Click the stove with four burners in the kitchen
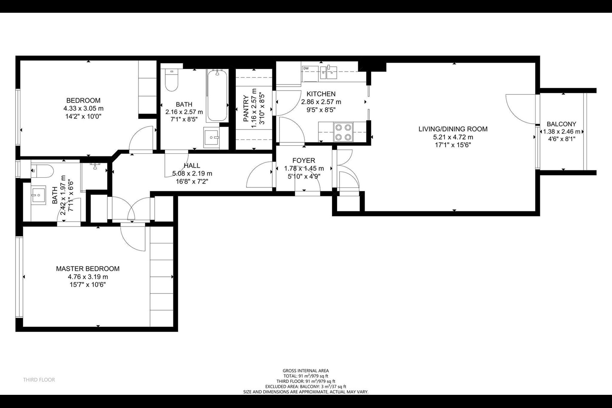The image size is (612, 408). pyautogui.click(x=343, y=132)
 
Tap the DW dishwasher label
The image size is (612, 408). pyautogui.click(x=306, y=68)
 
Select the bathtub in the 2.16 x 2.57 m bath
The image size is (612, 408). pyautogui.click(x=217, y=96)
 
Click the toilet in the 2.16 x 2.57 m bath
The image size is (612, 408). pyautogui.click(x=171, y=81)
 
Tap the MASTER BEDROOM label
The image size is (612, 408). pyautogui.click(x=88, y=269)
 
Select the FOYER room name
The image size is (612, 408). pyautogui.click(x=303, y=160)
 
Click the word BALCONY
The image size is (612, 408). pyautogui.click(x=561, y=124)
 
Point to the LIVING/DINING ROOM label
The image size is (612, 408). pyautogui.click(x=453, y=129)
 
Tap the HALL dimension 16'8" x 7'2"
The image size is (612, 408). pyautogui.click(x=192, y=181)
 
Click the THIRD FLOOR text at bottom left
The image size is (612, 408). pyautogui.click(x=39, y=380)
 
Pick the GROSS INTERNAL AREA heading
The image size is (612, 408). pyautogui.click(x=306, y=371)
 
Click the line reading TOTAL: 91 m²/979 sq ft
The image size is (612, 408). pyautogui.click(x=306, y=376)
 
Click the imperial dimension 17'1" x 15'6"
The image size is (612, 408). pyautogui.click(x=453, y=144)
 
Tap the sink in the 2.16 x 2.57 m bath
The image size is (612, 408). pyautogui.click(x=211, y=137)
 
